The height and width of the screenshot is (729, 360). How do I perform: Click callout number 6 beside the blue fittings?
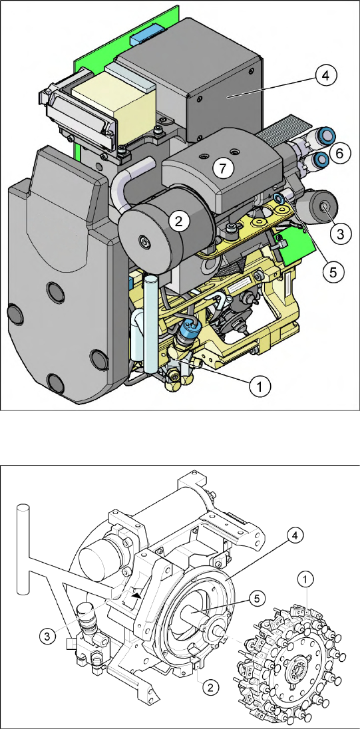pos(341,154)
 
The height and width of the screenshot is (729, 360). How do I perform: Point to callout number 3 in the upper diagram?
pos(341,234)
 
